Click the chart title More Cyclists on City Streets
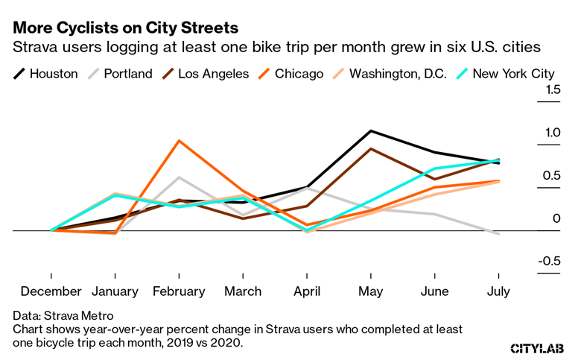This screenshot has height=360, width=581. [125, 28]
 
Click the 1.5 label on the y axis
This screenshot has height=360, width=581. [552, 90]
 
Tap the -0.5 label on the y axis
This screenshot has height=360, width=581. [549, 261]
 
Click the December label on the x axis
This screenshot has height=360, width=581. [51, 291]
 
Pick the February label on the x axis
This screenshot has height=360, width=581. [179, 291]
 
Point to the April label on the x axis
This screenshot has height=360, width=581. [307, 291]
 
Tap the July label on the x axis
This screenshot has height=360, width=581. [498, 291]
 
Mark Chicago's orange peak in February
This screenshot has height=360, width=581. [179, 140]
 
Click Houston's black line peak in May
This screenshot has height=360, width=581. [371, 131]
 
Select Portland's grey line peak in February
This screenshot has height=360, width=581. [179, 177]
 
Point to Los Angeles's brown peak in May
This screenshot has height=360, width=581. [371, 149]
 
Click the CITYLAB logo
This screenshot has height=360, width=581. [536, 348]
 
